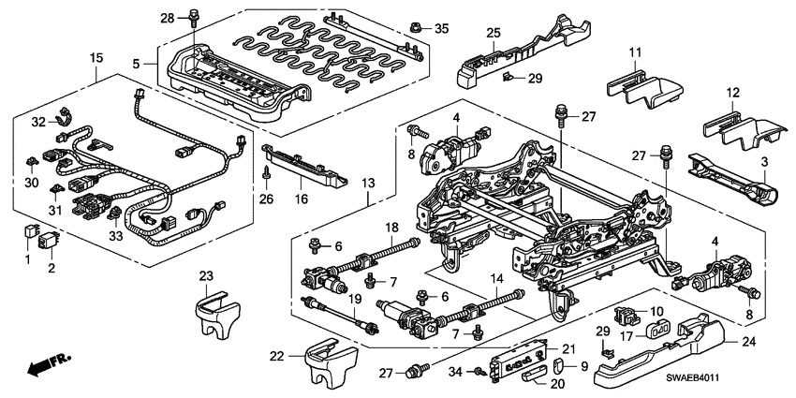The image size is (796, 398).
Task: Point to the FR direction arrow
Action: pyautogui.click(x=45, y=363)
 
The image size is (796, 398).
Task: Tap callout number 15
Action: pyautogui.click(x=96, y=59)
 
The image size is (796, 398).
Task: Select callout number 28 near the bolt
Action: pyautogui.click(x=168, y=19)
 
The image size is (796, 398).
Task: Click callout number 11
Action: pyautogui.click(x=633, y=51)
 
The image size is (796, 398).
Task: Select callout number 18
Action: pyautogui.click(x=391, y=228)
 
